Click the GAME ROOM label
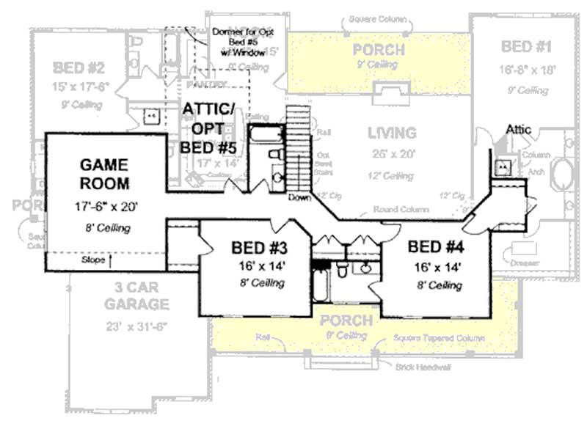(104, 173)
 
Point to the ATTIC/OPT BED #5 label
(208, 128)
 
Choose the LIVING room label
(391, 133)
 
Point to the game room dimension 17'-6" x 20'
(104, 208)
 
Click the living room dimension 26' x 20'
(391, 154)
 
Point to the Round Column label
(401, 210)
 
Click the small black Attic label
(519, 130)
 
